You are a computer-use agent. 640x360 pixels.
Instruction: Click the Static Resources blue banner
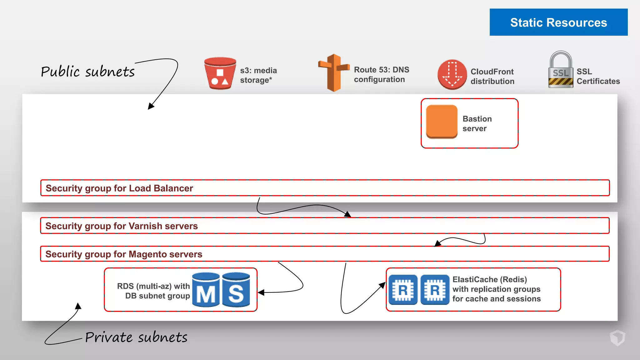point(558,22)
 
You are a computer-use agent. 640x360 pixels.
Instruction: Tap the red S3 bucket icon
point(220,73)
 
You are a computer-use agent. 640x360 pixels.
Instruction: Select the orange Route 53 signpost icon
point(334,73)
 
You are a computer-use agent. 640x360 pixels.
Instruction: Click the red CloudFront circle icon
point(452,74)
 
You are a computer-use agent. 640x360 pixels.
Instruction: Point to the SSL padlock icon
point(561,70)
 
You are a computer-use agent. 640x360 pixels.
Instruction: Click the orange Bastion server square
point(442,122)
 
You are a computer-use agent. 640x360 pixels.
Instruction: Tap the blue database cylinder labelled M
point(206,290)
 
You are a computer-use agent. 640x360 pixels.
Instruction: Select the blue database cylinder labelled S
point(236,290)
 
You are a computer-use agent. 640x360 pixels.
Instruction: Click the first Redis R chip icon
point(403,290)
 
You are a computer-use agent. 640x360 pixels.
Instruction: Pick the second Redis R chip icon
point(435,290)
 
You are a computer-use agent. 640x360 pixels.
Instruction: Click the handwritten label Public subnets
point(88,72)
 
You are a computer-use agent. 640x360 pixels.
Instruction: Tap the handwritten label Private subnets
point(136,337)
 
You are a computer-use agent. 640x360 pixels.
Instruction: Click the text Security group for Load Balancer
point(119,188)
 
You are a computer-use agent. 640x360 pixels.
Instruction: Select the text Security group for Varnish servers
point(122,226)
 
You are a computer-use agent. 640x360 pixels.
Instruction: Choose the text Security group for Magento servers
point(124,254)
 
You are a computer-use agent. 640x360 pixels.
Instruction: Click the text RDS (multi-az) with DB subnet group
point(153,291)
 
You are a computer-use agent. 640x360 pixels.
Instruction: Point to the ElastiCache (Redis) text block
point(496,289)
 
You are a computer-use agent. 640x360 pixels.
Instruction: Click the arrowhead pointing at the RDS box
point(261,292)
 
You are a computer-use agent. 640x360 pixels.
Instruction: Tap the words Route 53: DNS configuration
point(381,74)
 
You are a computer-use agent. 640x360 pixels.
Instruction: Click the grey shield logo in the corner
point(617,338)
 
